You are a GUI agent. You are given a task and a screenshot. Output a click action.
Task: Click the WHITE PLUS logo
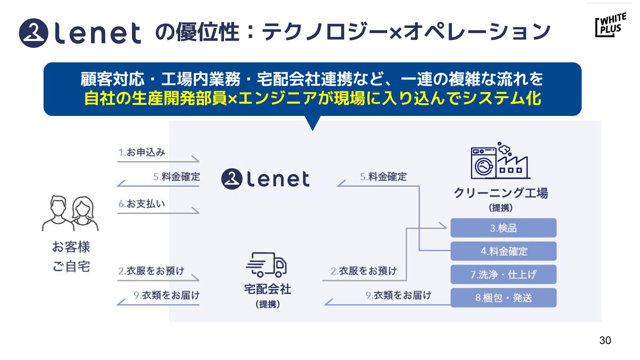coord(610,25)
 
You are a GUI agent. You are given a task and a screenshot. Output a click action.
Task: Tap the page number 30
coord(605,340)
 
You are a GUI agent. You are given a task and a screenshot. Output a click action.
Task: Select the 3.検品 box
coord(503,228)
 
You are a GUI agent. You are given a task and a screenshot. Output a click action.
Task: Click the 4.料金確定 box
coord(503,251)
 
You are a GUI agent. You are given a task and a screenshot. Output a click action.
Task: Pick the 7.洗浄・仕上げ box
coord(503,275)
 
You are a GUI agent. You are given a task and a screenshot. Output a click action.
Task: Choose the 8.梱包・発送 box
coord(503,298)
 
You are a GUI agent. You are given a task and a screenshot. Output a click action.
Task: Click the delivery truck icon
coord(266,265)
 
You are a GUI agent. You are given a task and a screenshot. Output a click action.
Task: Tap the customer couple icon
coord(70,213)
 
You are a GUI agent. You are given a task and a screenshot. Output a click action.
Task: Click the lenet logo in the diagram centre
coord(265,179)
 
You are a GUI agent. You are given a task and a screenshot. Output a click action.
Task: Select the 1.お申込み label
coord(142,153)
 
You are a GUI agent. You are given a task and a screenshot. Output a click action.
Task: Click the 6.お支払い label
coord(142,204)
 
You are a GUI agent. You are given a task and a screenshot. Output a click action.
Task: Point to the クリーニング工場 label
coord(501,193)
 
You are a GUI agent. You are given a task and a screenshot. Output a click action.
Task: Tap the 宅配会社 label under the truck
coord(267,289)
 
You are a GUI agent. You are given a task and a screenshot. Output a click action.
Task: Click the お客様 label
coord(71,247)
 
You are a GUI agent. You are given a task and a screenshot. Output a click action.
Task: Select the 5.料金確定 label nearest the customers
coord(177,177)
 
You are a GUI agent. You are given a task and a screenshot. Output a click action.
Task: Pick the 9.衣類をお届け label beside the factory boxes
coord(398,295)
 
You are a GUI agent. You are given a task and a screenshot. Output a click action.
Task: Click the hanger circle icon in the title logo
coord(34,33)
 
